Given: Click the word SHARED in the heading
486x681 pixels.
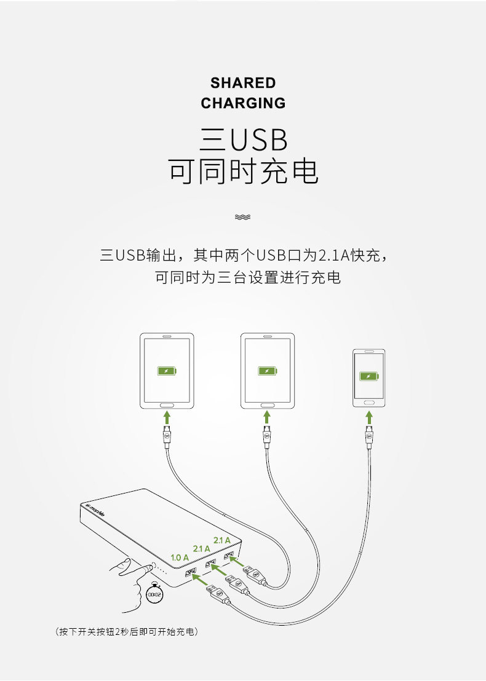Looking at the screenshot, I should click(x=243, y=83).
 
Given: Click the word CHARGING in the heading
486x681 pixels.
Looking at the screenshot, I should click(x=243, y=103).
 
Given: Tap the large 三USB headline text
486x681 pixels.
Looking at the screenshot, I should click(x=244, y=140).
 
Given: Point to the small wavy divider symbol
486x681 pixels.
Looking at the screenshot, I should click(x=243, y=216).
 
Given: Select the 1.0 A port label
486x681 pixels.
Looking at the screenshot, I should click(x=180, y=557).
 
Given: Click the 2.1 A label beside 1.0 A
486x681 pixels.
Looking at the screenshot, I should click(x=202, y=548).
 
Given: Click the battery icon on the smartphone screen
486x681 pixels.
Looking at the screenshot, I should click(x=369, y=376).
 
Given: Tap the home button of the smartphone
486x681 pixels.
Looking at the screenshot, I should click(x=369, y=401).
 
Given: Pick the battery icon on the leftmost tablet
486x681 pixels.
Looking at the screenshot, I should click(x=166, y=371).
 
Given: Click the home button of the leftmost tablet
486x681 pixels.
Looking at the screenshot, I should click(x=166, y=405).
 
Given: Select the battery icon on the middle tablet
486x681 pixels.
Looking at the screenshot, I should click(x=267, y=371).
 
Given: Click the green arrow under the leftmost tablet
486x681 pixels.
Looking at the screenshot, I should click(x=166, y=418).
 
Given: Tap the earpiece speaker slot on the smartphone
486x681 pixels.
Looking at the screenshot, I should click(x=369, y=353).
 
